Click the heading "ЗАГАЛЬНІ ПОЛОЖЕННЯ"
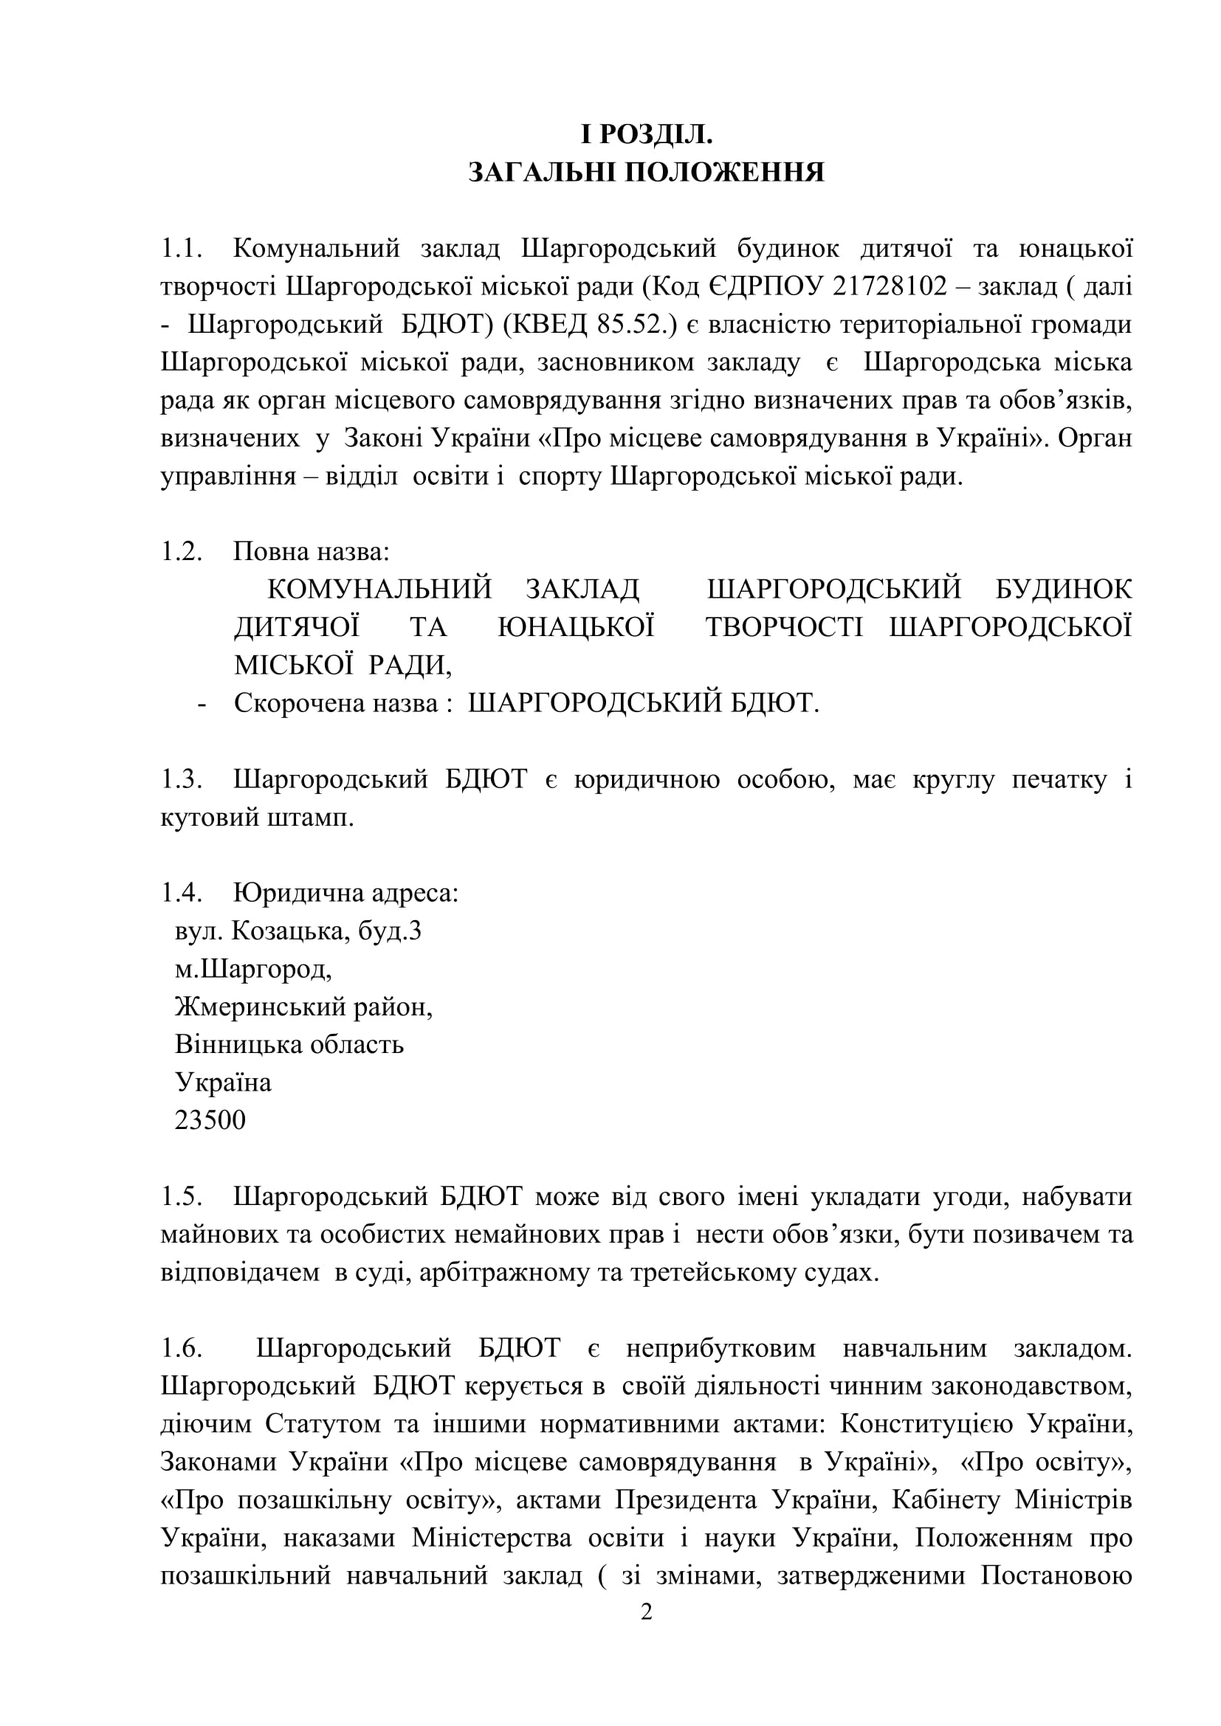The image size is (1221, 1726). [646, 172]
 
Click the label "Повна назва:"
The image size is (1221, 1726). [312, 552]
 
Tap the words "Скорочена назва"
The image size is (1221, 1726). [336, 703]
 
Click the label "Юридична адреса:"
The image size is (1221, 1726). [345, 893]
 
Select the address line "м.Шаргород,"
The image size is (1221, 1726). [253, 969]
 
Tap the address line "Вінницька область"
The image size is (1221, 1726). [289, 1044]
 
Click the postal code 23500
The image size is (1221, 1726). [210, 1120]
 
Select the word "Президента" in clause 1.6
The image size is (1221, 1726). [686, 1499]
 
